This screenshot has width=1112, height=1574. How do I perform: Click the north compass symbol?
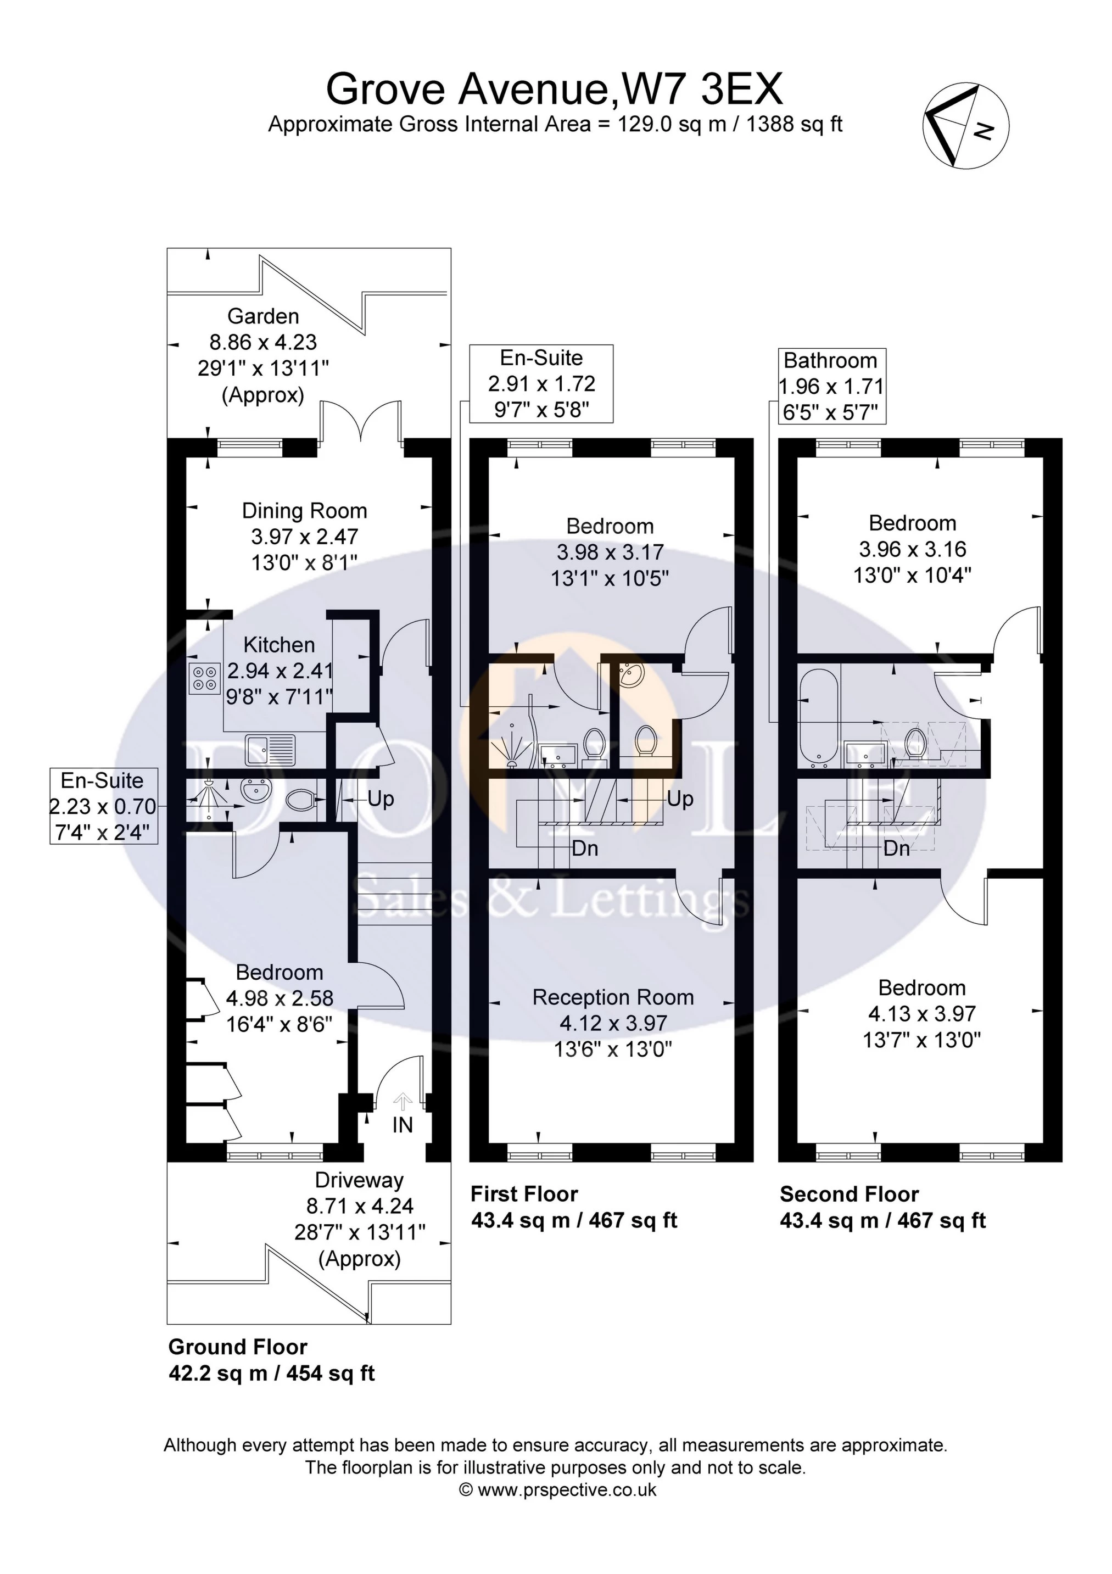pos(965,127)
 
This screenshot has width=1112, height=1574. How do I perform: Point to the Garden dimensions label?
pos(263,355)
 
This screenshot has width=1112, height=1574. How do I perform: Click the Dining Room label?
pos(304,511)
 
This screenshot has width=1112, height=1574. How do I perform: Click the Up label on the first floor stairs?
pos(679,799)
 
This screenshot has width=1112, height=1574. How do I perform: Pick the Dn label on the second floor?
pos(896,849)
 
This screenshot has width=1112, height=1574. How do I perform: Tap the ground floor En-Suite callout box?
pos(103,806)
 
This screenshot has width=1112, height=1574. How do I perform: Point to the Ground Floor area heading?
pos(237,1347)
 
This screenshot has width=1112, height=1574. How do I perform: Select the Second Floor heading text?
pos(849,1194)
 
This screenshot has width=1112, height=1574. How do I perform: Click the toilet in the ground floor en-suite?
pos(300,799)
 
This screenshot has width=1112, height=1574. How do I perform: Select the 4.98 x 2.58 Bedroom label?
pos(279,998)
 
